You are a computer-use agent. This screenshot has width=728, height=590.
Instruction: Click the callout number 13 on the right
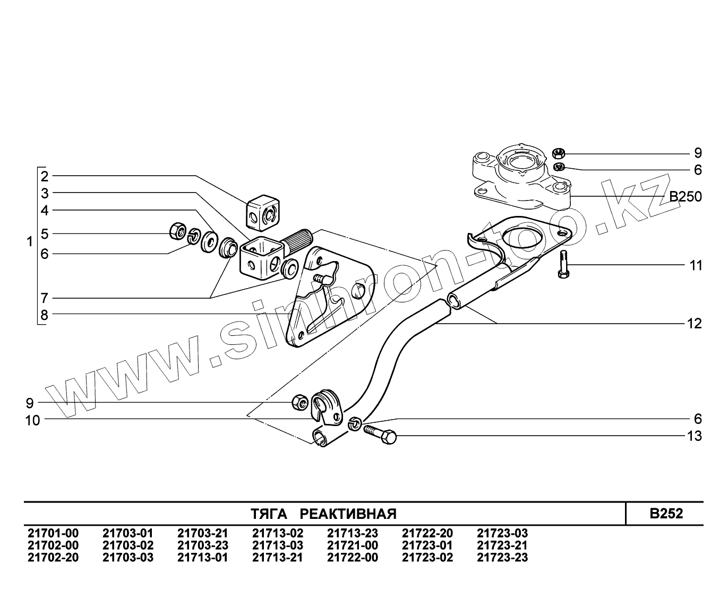[x=695, y=436]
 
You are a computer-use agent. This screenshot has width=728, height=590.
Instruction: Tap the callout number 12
[x=695, y=324]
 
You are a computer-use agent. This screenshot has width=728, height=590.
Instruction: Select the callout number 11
[x=696, y=265]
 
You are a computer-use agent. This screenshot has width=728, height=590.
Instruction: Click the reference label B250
[x=685, y=197]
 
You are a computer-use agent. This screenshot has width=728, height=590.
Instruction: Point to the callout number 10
[x=33, y=421]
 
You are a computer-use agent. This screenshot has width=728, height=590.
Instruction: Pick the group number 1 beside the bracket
[x=30, y=242]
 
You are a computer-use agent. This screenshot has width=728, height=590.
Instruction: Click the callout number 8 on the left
[x=44, y=315]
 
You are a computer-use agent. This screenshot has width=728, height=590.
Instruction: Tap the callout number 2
[x=45, y=176]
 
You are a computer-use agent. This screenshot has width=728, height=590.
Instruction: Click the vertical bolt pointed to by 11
[x=563, y=264]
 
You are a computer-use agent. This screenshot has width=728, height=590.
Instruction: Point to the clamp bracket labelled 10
[x=328, y=406]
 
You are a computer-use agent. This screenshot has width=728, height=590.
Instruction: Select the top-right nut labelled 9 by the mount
[x=558, y=153]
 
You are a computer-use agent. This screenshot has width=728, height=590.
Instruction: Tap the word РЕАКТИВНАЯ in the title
[x=348, y=514]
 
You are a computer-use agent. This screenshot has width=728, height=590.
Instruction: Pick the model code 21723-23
[x=502, y=557]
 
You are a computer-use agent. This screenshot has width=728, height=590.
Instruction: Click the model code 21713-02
[x=278, y=533]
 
